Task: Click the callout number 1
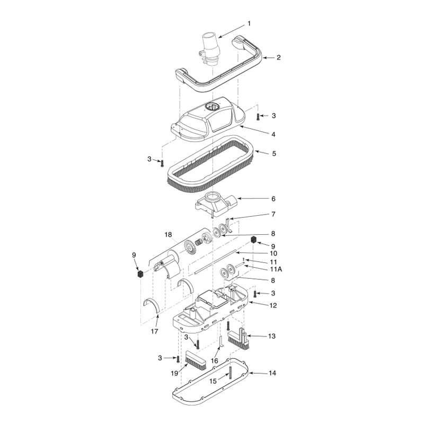(249, 23)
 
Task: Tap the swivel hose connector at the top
(209, 49)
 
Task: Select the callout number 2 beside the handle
(279, 57)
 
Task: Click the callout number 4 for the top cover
(273, 135)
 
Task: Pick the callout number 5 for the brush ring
(274, 154)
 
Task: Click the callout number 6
(273, 199)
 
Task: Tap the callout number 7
(273, 214)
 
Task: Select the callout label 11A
(276, 269)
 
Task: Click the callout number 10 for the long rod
(273, 253)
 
